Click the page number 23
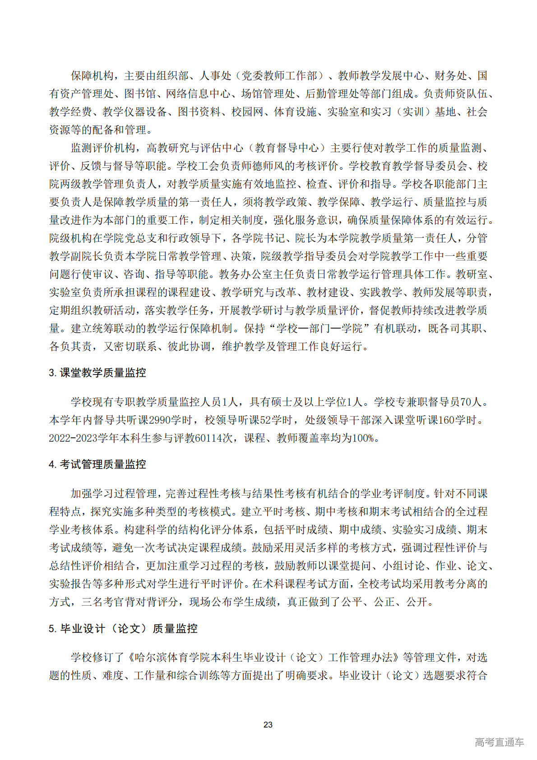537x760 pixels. (268, 724)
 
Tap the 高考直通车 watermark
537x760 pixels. (499, 742)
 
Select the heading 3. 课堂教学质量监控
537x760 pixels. (97, 373)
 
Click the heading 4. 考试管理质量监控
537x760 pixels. (97, 464)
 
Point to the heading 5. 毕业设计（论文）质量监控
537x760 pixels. (123, 629)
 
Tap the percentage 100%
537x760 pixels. (362, 438)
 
